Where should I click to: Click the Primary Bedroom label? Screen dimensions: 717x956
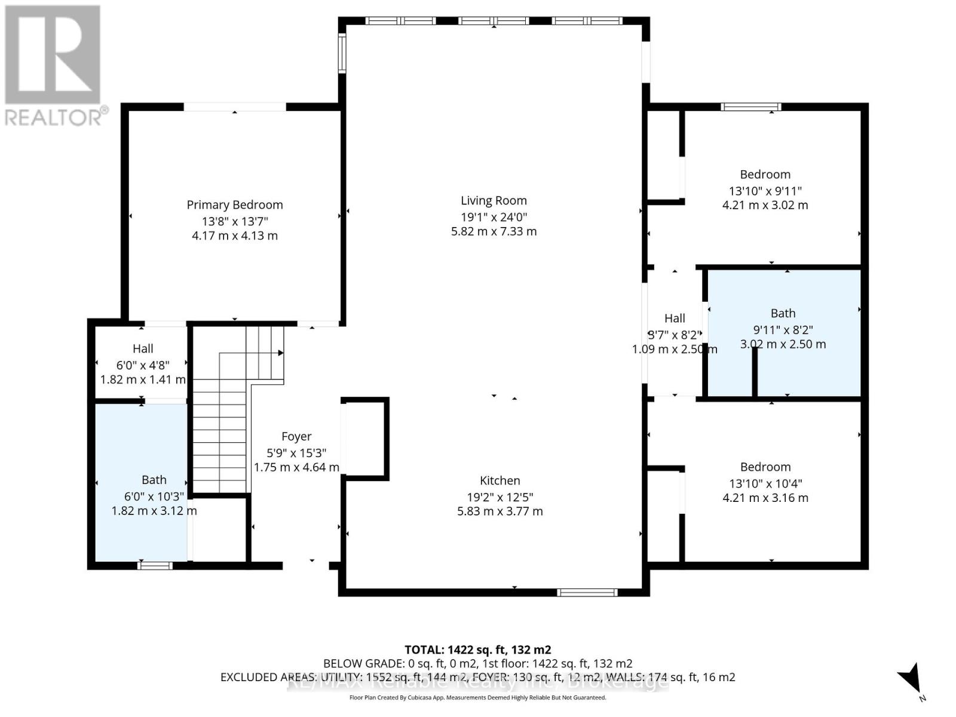(234, 205)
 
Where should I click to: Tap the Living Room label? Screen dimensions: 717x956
(494, 201)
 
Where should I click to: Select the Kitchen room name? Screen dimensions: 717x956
(500, 480)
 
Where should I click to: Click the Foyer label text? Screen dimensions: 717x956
(296, 437)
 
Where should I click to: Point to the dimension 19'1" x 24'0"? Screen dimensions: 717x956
(494, 217)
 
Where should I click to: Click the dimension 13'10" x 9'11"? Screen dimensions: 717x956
(765, 191)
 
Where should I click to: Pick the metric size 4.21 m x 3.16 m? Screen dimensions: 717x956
(765, 498)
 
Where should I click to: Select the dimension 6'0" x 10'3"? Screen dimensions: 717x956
(154, 496)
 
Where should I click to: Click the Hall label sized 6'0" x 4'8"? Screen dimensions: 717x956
(143, 348)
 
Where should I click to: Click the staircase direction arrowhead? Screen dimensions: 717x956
(281, 353)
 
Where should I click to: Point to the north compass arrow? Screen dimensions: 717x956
(911, 678)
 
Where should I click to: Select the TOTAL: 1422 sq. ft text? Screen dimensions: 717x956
(477, 649)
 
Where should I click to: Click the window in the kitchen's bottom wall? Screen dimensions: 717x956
(587, 592)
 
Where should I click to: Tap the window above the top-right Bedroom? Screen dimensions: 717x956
(750, 107)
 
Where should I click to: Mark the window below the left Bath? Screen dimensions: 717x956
(155, 565)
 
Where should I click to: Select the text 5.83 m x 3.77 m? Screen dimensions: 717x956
(500, 511)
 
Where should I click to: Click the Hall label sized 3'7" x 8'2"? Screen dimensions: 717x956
(675, 318)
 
